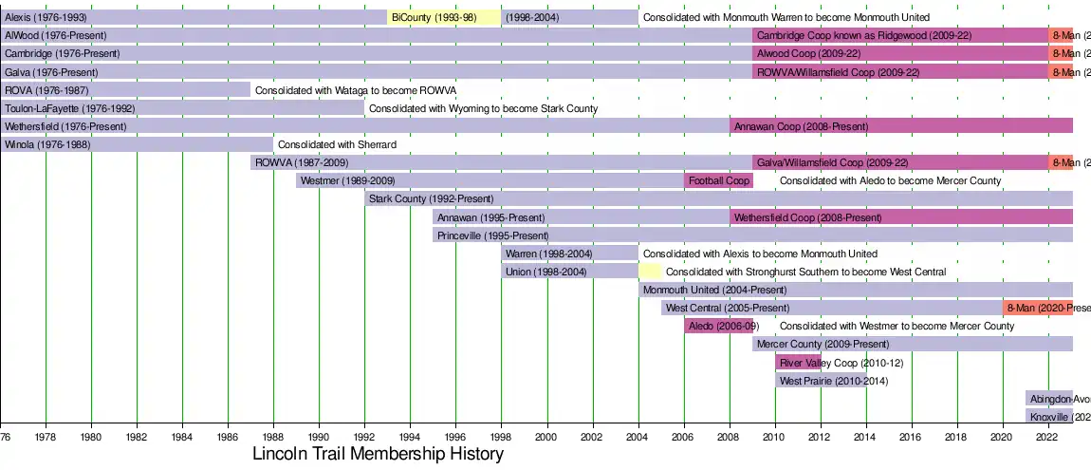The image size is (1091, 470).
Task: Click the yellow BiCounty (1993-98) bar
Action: click(444, 17)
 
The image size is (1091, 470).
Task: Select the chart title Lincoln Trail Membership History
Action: click(378, 454)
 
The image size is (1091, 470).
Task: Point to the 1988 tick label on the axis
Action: click(273, 437)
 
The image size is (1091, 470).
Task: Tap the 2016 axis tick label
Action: click(912, 437)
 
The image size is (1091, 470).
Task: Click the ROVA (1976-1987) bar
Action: click(125, 90)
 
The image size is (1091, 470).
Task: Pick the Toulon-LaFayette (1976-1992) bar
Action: click(182, 108)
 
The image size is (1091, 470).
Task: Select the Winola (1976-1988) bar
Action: click(137, 144)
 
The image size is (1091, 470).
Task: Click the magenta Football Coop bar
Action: click(718, 180)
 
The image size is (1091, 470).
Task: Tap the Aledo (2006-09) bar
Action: click(718, 326)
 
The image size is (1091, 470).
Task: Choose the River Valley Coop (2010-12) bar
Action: click(798, 362)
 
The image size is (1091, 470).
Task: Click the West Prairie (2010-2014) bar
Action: click(821, 380)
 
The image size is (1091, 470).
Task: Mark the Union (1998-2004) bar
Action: click(570, 272)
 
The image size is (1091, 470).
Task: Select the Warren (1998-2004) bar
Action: click(570, 254)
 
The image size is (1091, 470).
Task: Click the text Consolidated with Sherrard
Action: click(336, 144)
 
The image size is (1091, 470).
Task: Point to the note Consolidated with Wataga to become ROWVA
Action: click(356, 90)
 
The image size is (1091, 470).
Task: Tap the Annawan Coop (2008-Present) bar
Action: click(901, 126)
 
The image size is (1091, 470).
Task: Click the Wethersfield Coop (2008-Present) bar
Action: click(901, 217)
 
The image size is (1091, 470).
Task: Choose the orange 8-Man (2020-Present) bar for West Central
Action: click(1038, 308)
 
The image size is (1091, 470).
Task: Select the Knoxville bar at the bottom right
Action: click(1049, 416)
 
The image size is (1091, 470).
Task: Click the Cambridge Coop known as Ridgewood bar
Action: click(900, 35)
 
